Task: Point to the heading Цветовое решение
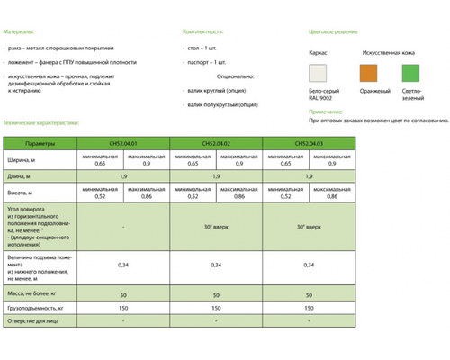(335, 30)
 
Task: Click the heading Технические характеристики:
(41, 121)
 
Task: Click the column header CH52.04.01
(121, 143)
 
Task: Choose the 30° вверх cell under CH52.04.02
(215, 228)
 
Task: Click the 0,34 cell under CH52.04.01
(121, 265)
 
